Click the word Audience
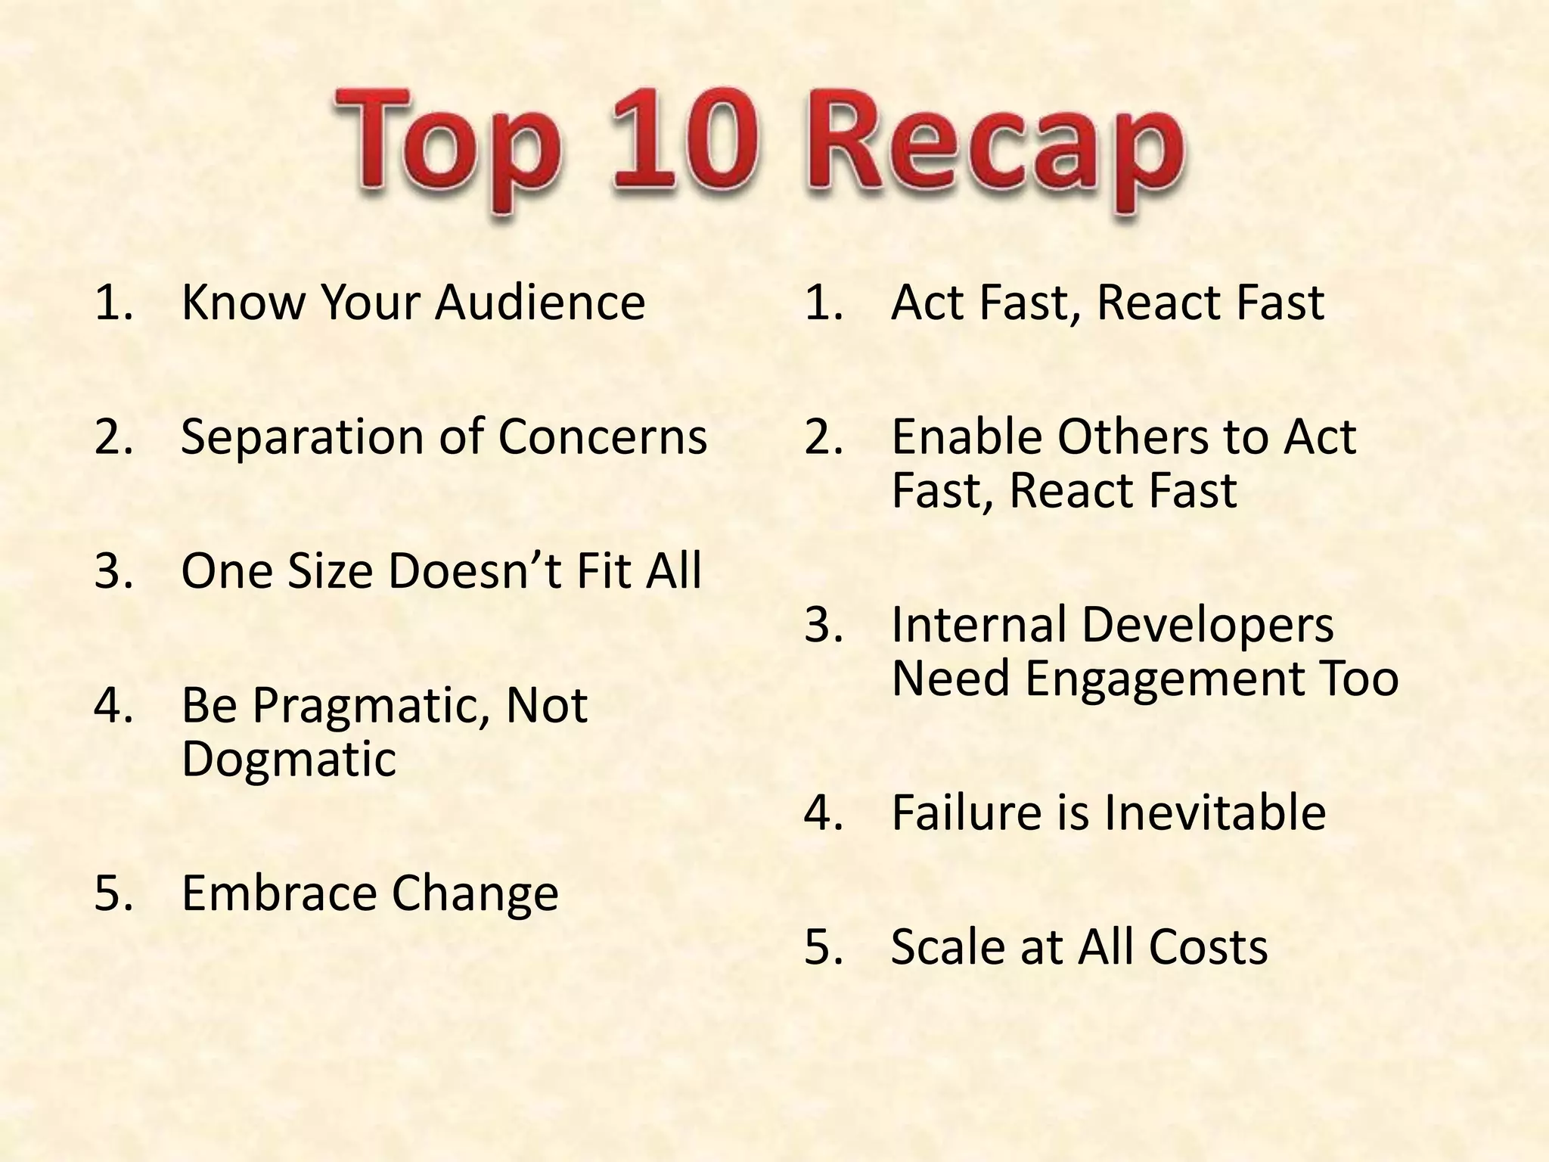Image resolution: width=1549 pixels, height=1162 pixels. pos(540,303)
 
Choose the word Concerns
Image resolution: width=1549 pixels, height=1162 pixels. pos(603,437)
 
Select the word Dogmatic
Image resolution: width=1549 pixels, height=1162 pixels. pos(288,759)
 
